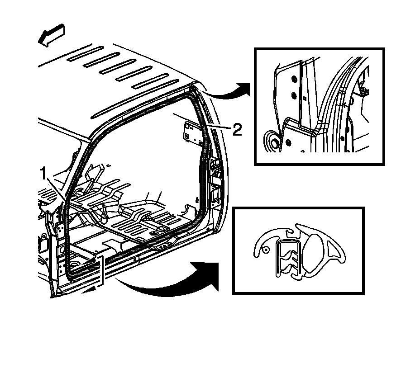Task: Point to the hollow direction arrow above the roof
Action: (x=52, y=36)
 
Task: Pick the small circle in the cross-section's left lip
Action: (x=266, y=249)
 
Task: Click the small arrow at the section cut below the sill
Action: (x=93, y=287)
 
